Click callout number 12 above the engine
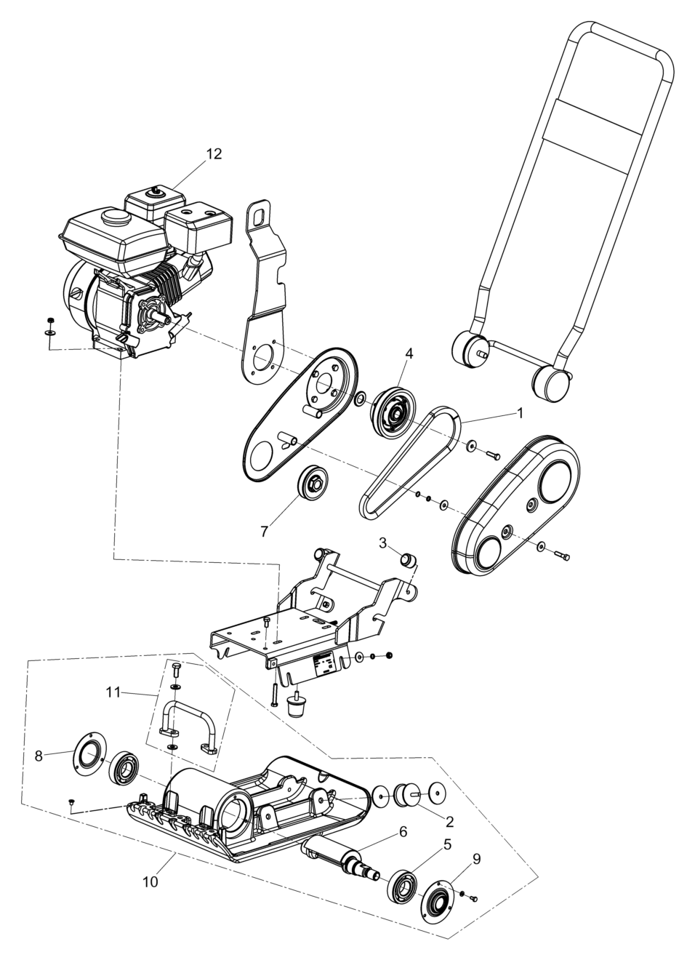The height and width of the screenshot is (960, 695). [214, 154]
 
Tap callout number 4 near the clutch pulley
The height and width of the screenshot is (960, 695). [409, 353]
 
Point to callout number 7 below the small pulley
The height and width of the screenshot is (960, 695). [265, 532]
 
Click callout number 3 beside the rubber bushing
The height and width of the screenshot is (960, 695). [382, 543]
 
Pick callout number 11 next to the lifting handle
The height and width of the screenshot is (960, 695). [113, 692]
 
